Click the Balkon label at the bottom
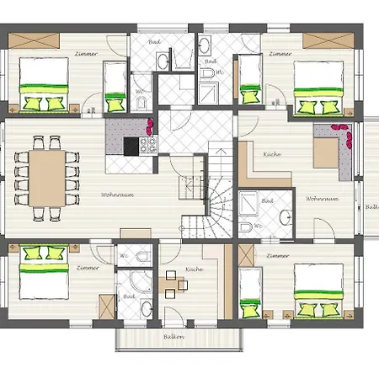click(x=174, y=338)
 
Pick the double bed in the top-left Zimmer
click(x=43, y=84)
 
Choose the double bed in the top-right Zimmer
click(x=318, y=84)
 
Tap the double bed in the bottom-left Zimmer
click(x=44, y=274)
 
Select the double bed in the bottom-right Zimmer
click(x=319, y=291)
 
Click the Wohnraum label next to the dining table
click(x=113, y=195)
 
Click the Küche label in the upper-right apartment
click(x=270, y=155)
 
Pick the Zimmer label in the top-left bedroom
click(x=86, y=54)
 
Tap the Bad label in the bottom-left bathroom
click(x=129, y=296)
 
